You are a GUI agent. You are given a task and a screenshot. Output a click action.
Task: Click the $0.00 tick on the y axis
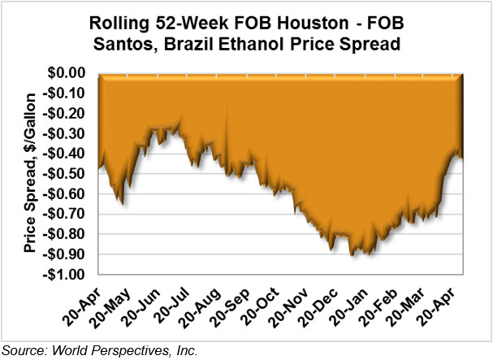click(67, 73)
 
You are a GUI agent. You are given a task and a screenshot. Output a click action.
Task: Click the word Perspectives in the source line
click(122, 351)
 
